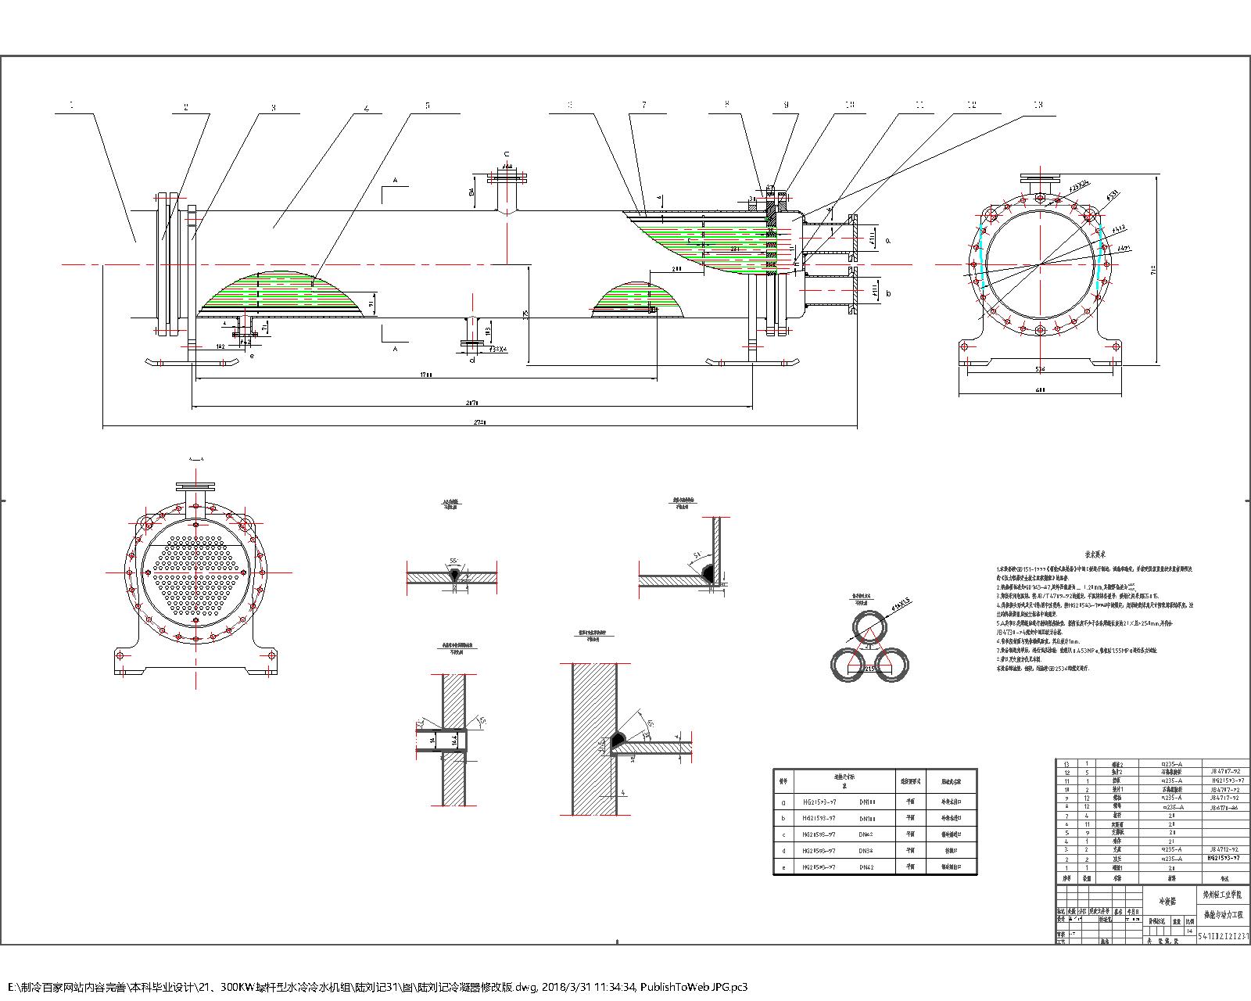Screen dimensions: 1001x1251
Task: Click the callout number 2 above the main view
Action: tap(186, 107)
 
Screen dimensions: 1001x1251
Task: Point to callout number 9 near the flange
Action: tap(787, 104)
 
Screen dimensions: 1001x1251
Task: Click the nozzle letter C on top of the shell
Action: tap(506, 154)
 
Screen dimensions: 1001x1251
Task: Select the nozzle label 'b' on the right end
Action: tap(888, 293)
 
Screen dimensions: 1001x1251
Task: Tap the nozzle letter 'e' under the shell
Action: tap(252, 356)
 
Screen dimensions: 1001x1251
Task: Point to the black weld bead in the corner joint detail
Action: tap(710, 573)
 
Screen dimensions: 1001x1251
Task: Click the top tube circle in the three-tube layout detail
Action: tap(870, 626)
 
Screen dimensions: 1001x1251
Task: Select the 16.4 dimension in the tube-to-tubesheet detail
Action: tap(453, 740)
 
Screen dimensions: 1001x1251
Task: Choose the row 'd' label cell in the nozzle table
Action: tap(784, 850)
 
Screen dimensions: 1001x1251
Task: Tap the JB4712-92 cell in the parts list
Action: tap(1224, 848)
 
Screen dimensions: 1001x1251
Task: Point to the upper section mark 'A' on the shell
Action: tap(396, 181)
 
